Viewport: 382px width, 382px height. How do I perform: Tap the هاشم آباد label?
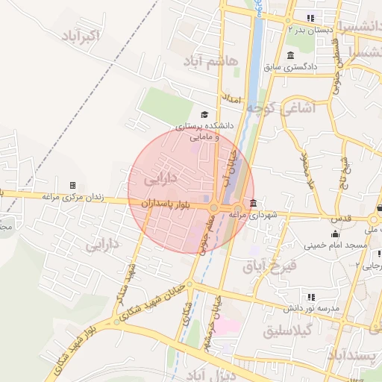210,60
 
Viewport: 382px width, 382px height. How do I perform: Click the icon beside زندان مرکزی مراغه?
72,185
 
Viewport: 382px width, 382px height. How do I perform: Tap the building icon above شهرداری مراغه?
254,203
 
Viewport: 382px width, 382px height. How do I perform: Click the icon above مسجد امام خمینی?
334,234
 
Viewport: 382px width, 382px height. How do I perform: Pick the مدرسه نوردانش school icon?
311,296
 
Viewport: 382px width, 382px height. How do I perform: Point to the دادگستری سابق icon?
290,56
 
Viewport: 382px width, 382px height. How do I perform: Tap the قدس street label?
340,219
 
